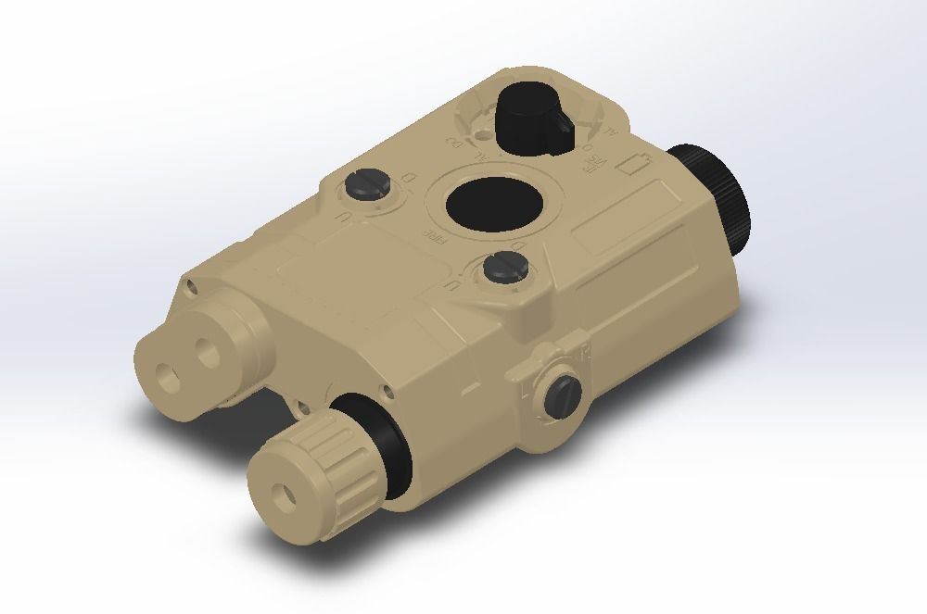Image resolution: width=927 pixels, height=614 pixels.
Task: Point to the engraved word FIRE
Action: click(437, 233)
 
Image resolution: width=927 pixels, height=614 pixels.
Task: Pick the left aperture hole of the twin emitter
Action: click(167, 374)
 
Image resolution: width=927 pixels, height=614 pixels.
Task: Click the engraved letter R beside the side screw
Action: click(584, 352)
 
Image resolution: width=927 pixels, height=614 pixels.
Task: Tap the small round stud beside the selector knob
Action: click(588, 146)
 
